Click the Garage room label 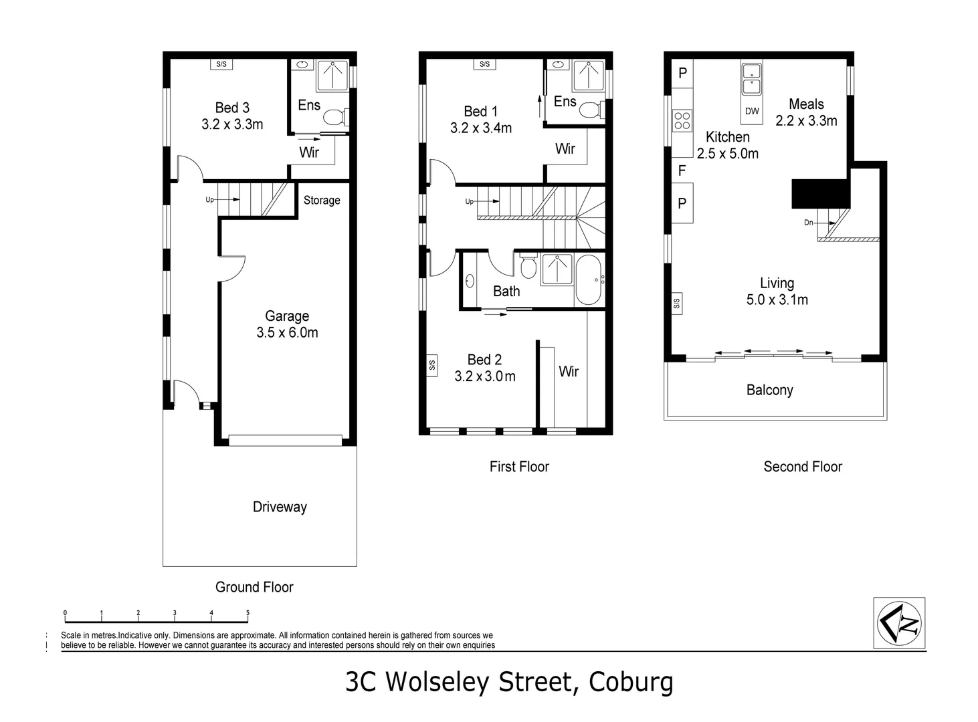287,316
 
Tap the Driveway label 280,507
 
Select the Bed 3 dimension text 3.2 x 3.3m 232,124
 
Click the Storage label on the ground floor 322,200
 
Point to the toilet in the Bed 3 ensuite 333,118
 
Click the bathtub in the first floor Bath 589,279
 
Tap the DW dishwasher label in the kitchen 752,111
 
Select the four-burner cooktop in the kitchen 682,121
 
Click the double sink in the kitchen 752,78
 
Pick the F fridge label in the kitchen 682,170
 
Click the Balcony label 769,390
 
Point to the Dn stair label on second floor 809,223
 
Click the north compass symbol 900,623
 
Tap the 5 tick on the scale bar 248,612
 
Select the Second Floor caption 803,467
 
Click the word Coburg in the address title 630,683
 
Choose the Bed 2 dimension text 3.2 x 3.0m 485,376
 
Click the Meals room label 806,104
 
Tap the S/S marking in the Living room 676,304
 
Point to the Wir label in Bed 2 569,371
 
